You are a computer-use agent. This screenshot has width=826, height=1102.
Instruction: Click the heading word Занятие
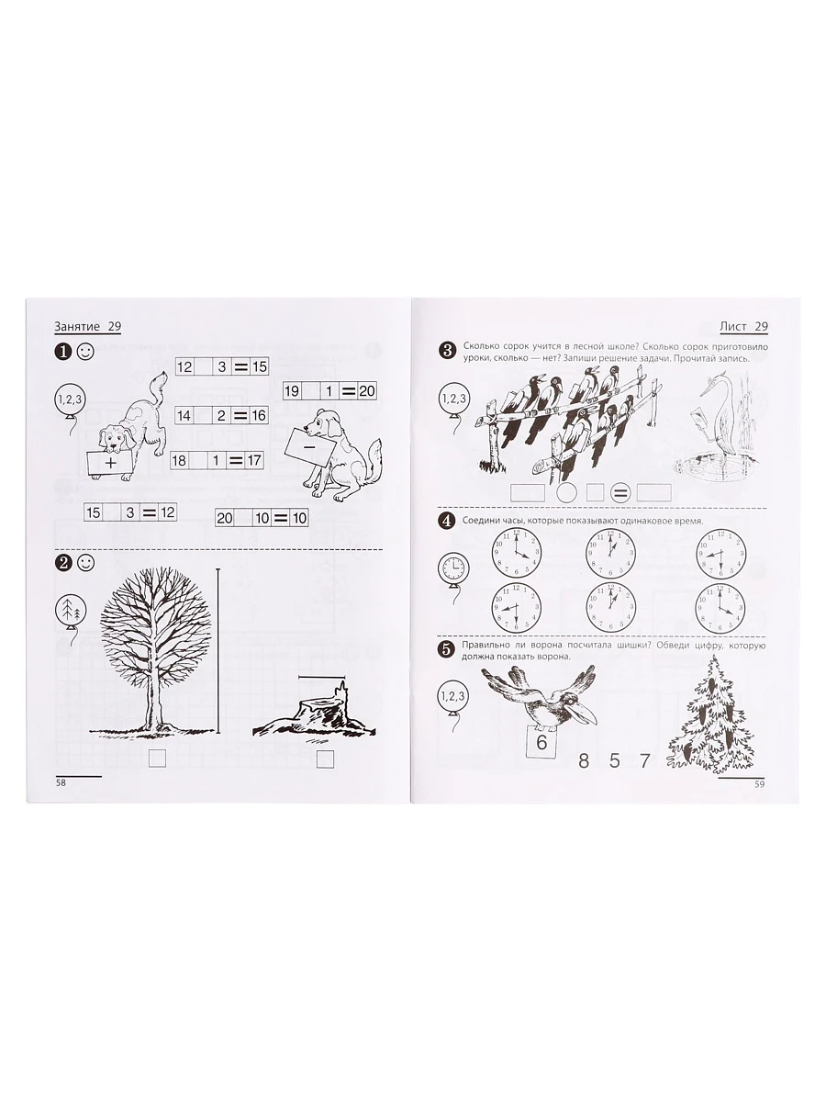(x=77, y=326)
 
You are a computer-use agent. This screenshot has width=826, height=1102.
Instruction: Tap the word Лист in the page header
(x=732, y=326)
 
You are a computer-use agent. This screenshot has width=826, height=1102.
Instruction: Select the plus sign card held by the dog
(x=109, y=463)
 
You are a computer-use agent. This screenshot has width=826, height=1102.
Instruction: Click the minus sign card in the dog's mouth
(x=309, y=445)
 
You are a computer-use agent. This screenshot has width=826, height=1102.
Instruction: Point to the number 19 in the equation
(x=292, y=390)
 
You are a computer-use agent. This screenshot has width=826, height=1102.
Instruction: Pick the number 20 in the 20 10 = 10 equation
(x=224, y=518)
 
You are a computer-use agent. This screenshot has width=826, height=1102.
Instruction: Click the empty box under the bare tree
(x=157, y=759)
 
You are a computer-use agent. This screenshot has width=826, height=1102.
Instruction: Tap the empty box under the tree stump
(x=326, y=759)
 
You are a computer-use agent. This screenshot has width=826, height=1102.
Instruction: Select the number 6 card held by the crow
(x=541, y=741)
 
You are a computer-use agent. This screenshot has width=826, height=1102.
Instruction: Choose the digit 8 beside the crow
(x=584, y=760)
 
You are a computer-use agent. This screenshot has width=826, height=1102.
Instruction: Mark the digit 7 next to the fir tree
(x=645, y=760)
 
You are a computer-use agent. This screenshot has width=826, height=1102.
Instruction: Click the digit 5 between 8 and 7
(x=615, y=760)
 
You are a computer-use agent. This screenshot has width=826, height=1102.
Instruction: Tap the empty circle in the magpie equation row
(x=566, y=492)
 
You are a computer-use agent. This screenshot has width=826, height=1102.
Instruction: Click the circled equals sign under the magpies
(x=620, y=493)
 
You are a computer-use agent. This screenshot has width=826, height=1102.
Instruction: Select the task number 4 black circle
(x=446, y=521)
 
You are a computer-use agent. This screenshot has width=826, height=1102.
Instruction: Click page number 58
(x=61, y=782)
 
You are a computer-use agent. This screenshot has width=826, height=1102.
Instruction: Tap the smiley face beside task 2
(x=85, y=563)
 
